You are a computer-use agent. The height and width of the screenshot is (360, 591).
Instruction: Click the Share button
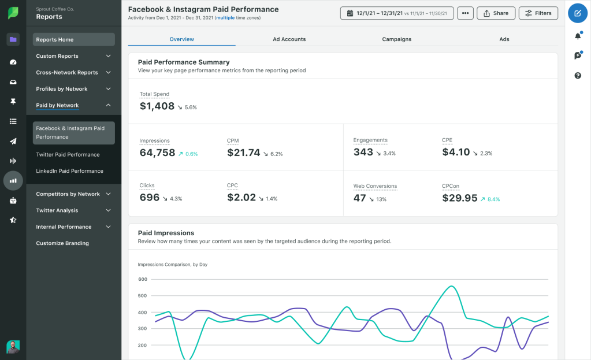click(496, 13)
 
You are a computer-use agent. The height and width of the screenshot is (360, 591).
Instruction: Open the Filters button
click(538, 13)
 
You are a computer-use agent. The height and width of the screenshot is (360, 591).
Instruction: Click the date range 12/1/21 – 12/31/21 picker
click(397, 13)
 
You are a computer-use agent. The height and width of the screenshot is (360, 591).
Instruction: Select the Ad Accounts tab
click(289, 39)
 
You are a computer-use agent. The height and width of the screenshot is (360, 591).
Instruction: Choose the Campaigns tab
click(396, 39)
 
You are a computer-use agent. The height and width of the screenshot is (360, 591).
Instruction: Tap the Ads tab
click(504, 39)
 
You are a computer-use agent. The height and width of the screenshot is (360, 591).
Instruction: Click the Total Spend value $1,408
click(157, 106)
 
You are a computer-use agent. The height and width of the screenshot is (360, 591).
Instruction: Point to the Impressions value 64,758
click(157, 153)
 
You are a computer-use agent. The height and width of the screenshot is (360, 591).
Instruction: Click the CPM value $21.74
click(243, 153)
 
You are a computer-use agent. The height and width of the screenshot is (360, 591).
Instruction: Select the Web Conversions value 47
click(360, 198)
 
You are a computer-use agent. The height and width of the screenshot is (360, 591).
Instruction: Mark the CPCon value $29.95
click(460, 198)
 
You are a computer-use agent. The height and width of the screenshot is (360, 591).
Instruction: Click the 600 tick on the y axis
click(143, 279)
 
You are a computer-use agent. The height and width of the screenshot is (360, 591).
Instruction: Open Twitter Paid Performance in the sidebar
click(68, 155)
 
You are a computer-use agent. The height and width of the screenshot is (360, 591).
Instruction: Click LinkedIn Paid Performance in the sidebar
click(69, 171)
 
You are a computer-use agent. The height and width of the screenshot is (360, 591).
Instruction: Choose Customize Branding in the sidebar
click(62, 243)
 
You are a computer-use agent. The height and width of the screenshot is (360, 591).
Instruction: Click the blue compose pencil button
click(577, 13)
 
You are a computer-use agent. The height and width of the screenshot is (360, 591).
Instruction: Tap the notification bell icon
click(577, 36)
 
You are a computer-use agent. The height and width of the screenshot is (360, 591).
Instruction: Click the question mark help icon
click(577, 76)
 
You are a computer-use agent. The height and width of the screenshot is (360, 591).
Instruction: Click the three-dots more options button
click(464, 13)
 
